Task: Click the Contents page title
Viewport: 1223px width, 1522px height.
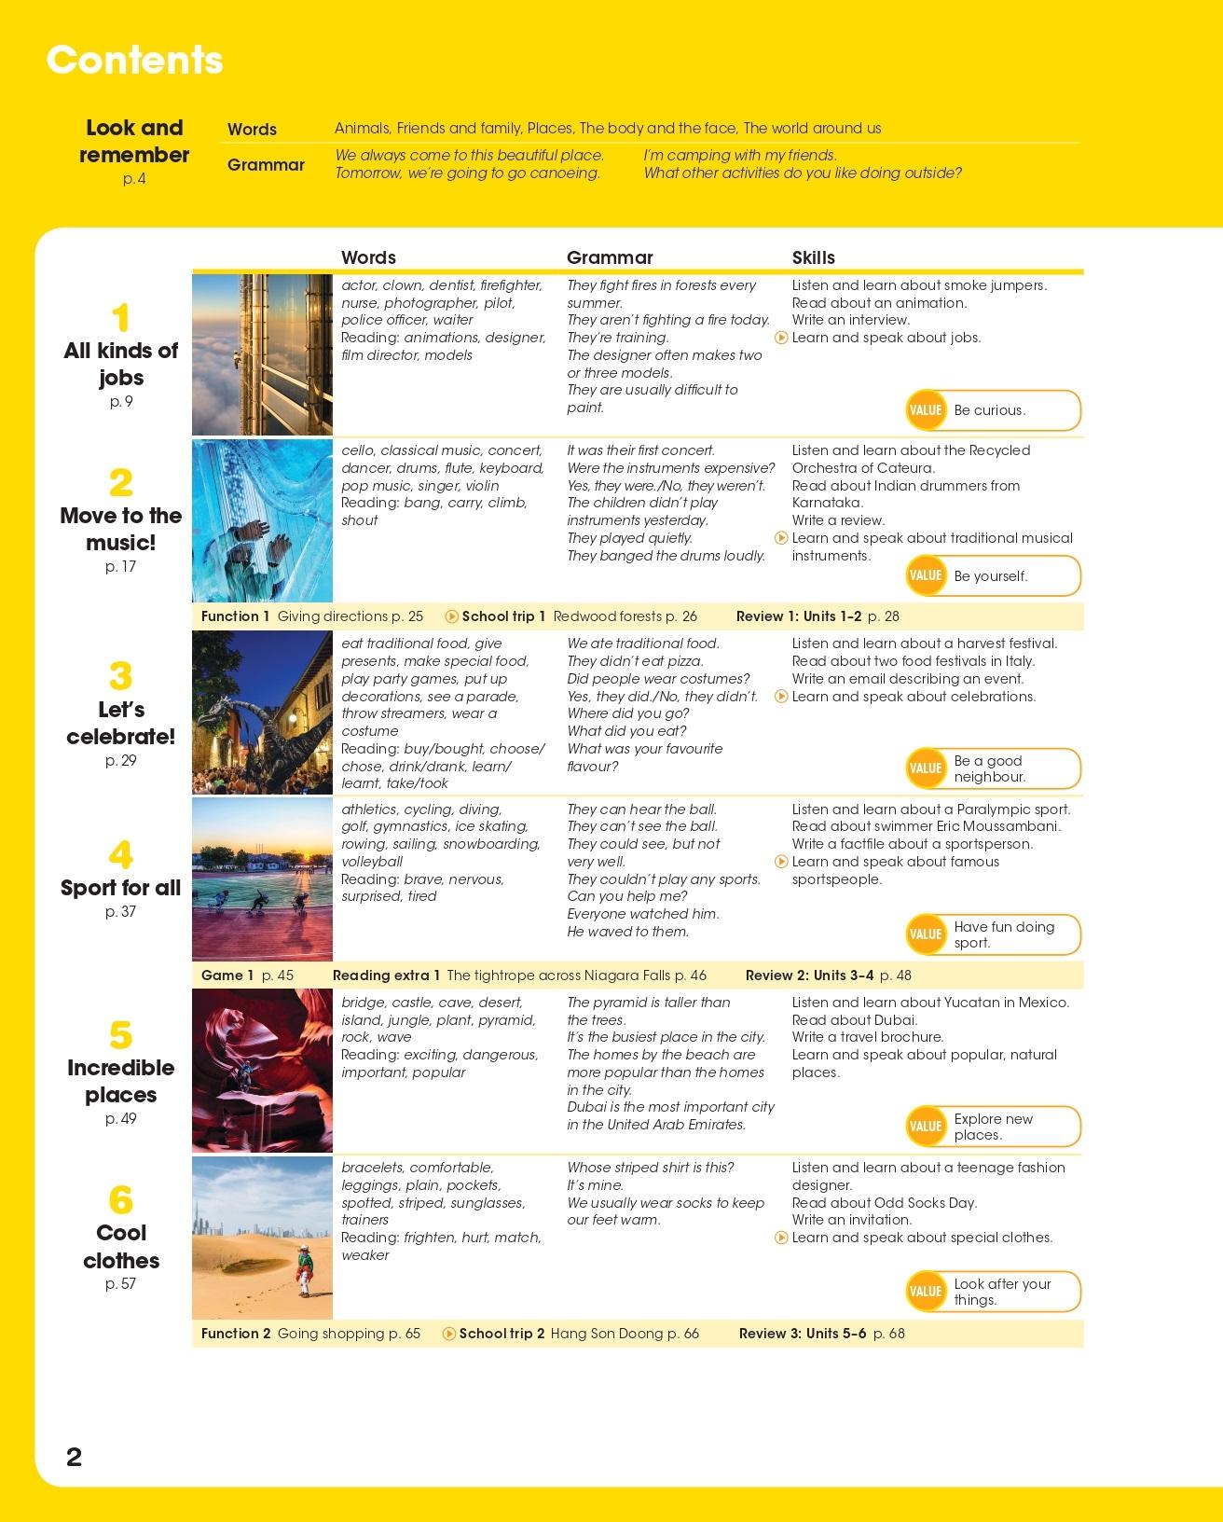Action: pos(135,61)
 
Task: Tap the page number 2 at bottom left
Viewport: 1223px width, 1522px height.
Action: pos(75,1457)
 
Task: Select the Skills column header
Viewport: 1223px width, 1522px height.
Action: pos(813,257)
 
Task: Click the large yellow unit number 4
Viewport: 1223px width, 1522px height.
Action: pos(120,855)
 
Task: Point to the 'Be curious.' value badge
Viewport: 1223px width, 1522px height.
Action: pos(993,410)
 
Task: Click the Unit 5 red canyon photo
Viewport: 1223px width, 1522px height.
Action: pos(262,1071)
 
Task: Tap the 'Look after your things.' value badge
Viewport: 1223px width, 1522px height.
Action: pos(993,1292)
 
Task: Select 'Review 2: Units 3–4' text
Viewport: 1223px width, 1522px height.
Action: pos(809,975)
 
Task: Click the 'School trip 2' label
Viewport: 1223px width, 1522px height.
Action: pos(502,1334)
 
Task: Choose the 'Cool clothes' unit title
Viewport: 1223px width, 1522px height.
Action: pos(121,1247)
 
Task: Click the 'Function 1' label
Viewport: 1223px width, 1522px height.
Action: pos(235,616)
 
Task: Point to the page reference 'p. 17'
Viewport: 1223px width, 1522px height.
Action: pos(121,567)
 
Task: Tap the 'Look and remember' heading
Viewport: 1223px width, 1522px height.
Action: pos(134,141)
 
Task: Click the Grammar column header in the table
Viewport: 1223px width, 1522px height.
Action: pos(610,257)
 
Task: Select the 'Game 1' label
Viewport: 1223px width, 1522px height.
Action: pos(227,975)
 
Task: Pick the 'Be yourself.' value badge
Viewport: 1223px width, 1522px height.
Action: pos(993,575)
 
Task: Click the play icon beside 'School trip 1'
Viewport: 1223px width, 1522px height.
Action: pos(452,616)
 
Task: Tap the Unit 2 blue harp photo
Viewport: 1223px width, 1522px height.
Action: pos(262,520)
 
